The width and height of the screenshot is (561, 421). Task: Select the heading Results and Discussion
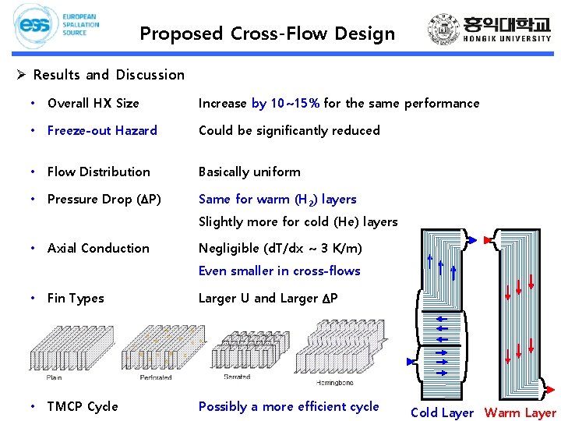tap(108, 75)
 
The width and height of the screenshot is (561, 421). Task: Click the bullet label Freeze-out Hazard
tap(102, 130)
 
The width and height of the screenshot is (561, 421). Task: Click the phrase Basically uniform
tap(249, 172)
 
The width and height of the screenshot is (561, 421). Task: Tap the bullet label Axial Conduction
tap(98, 248)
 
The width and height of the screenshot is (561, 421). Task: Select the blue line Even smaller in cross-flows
tap(279, 271)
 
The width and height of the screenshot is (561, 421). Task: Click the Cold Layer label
tap(442, 413)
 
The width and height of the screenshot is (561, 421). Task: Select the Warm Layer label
tap(520, 413)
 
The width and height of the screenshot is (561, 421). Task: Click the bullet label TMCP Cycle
tap(83, 406)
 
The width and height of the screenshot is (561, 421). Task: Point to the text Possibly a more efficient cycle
tap(288, 406)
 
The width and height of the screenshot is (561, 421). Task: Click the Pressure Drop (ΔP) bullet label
tap(104, 199)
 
